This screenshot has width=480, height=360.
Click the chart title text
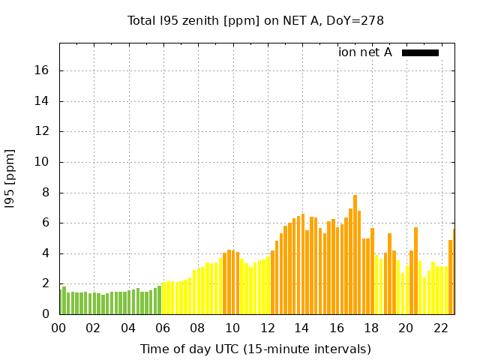pos(256,20)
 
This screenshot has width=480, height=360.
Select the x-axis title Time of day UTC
pos(255,349)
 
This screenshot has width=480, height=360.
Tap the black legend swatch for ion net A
pos(420,52)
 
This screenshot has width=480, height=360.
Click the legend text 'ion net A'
pos(365,52)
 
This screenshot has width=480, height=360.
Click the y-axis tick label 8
pos(46,192)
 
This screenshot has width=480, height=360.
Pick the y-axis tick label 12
pos(42,131)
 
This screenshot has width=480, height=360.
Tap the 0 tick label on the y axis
pos(46,314)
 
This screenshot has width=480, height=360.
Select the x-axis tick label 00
pos(58,328)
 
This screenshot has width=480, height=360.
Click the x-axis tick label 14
pos(301,328)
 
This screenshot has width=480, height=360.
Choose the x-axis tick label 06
pos(163,328)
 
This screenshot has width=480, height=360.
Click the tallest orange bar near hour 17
pos(355,255)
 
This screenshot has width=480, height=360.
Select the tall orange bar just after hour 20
pos(415,271)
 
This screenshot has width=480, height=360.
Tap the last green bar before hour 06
pos(159,300)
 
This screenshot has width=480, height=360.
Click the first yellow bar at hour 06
pos(164,298)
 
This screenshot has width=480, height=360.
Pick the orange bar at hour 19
pos(389,274)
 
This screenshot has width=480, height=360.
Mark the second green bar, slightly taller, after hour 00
pos(64,300)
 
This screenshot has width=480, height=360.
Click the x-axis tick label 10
pos(232,328)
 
